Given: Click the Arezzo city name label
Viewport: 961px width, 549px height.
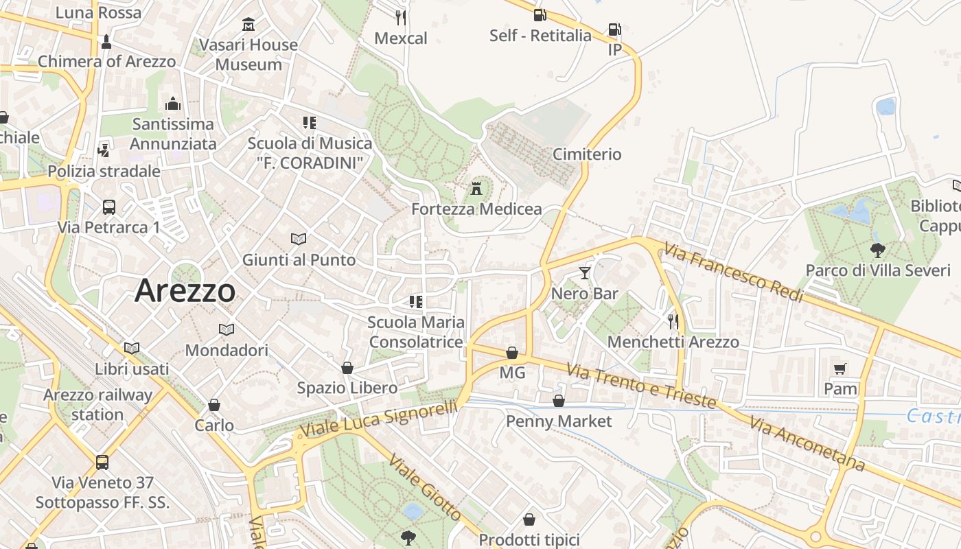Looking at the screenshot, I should pyautogui.click(x=185, y=291).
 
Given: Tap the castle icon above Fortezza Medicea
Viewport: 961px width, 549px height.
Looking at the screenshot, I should pyautogui.click(x=476, y=188).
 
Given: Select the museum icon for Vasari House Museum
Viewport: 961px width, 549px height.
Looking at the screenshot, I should pyautogui.click(x=248, y=25).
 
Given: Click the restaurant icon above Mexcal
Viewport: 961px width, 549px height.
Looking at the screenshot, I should pyautogui.click(x=401, y=17).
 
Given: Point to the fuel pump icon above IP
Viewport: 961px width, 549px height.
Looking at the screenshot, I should pyautogui.click(x=614, y=30).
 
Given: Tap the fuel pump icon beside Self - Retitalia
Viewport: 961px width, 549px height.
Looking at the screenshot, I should pyautogui.click(x=540, y=14).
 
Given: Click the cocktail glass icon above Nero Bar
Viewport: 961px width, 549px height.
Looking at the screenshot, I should pyautogui.click(x=584, y=273).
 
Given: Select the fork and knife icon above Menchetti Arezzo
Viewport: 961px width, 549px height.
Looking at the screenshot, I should pyautogui.click(x=673, y=320).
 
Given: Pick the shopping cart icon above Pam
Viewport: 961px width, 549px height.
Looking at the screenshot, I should pyautogui.click(x=840, y=369).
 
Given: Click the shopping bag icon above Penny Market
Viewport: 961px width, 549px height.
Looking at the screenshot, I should pyautogui.click(x=559, y=401).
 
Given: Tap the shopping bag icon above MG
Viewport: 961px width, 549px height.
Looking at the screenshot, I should pyautogui.click(x=512, y=353).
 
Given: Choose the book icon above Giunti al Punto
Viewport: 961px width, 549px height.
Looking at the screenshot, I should pyautogui.click(x=299, y=239).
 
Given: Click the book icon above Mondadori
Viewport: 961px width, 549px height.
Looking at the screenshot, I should pyautogui.click(x=227, y=329).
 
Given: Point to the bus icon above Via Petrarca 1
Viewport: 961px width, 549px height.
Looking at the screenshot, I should pyautogui.click(x=108, y=207).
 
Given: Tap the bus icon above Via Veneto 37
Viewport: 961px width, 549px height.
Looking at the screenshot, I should pyautogui.click(x=102, y=462).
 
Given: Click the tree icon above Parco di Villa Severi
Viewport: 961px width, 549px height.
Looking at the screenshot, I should pyautogui.click(x=877, y=250).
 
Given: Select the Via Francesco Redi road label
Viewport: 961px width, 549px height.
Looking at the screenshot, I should pyautogui.click(x=734, y=274).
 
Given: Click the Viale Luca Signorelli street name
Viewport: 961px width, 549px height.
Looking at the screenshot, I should pyautogui.click(x=378, y=419).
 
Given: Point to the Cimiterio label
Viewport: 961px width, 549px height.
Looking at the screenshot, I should pyautogui.click(x=587, y=154).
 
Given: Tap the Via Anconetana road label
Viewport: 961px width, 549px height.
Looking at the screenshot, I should pyautogui.click(x=807, y=444).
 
